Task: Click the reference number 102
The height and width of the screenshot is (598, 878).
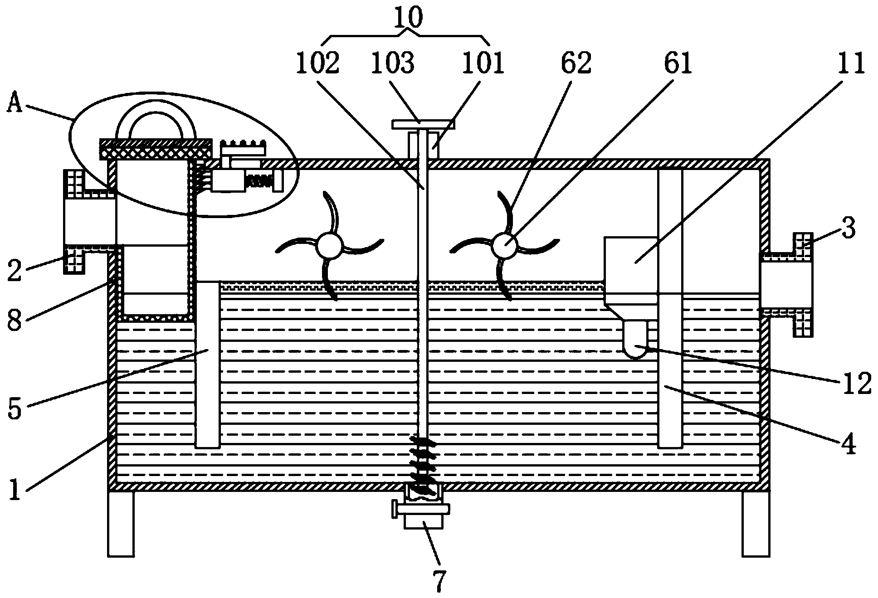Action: coord(317,63)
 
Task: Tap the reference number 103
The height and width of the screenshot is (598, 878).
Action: coord(393,63)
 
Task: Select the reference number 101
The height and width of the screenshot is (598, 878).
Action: coord(483,63)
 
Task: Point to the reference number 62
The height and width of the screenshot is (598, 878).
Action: coord(576,63)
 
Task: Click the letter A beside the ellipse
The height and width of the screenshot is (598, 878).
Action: coord(16,105)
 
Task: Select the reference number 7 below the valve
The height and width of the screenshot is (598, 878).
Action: coord(439,581)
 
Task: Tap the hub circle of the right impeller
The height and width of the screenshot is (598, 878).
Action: coord(504,246)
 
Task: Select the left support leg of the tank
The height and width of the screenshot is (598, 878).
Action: coord(121,524)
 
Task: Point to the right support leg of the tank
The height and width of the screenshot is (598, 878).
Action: coord(756,524)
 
